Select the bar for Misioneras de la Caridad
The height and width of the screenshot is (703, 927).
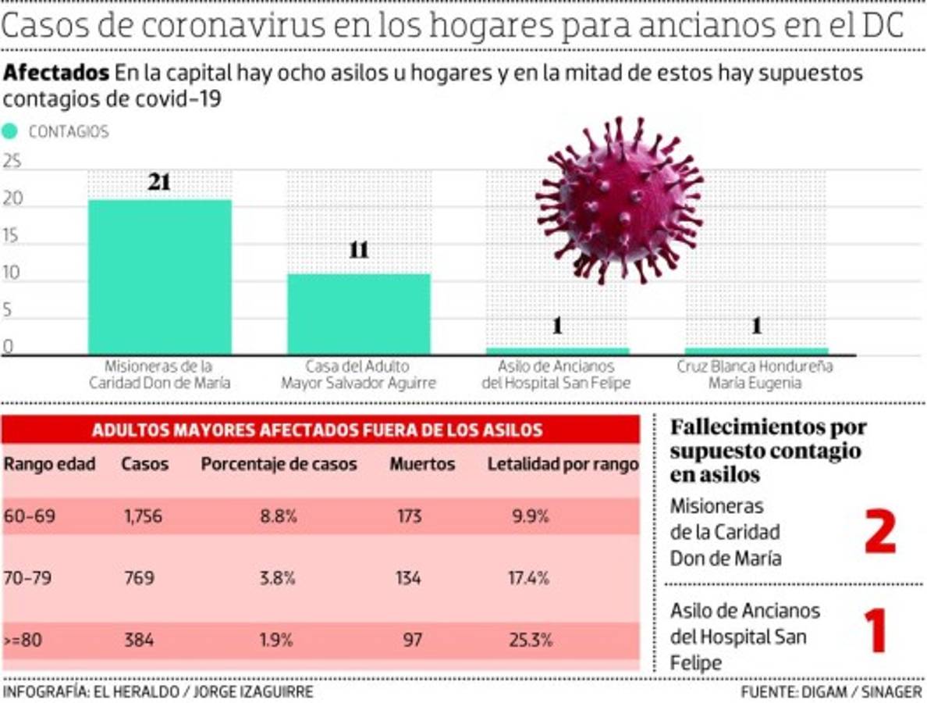tap(159, 277)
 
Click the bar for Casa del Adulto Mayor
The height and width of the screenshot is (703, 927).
tap(359, 313)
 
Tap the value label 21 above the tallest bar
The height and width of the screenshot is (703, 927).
tap(159, 184)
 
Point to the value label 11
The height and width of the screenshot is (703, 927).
tap(359, 251)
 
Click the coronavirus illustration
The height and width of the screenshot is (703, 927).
tap(620, 198)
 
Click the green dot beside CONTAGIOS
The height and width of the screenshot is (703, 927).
tap(10, 131)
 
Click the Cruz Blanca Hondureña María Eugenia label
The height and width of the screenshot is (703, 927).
tap(755, 374)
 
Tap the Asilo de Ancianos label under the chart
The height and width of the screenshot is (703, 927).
tap(556, 374)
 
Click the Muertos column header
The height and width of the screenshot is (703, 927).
tap(422, 464)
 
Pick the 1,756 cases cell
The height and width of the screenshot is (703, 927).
tap(143, 516)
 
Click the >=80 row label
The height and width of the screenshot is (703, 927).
tap(23, 641)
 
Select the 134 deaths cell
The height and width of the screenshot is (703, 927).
tap(407, 579)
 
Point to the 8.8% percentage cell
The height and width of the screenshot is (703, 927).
tap(277, 516)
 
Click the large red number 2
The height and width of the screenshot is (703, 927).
tap(879, 531)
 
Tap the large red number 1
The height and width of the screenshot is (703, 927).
tap(876, 631)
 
